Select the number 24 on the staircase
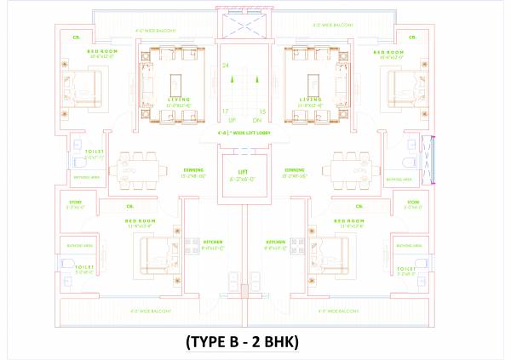[x=226, y=66]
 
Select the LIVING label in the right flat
[x=311, y=99]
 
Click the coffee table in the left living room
[x=176, y=83]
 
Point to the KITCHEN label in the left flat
[x=213, y=243]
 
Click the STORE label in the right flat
[x=413, y=202]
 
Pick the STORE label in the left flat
[x=75, y=202]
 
